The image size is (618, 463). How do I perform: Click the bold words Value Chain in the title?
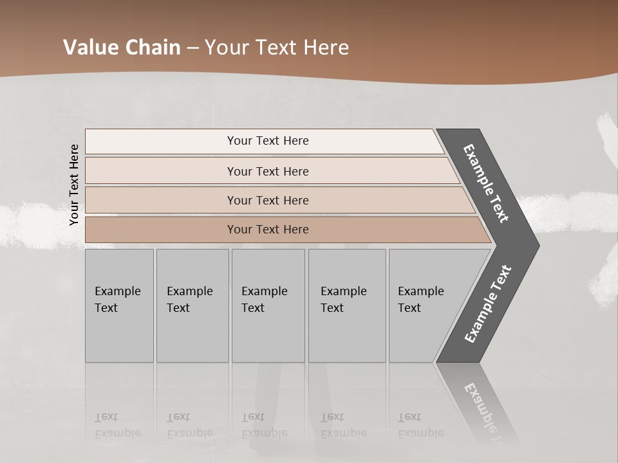(122, 48)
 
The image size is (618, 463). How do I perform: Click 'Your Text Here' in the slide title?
(277, 48)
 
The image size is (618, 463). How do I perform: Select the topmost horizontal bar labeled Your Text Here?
(268, 141)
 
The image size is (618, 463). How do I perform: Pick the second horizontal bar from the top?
(268, 171)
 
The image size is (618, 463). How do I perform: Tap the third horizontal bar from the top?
(268, 200)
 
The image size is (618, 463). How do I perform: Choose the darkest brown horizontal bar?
(268, 230)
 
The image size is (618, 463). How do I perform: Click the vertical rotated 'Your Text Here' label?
(74, 185)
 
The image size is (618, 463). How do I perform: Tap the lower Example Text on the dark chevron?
(488, 304)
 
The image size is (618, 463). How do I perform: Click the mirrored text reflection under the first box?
(117, 425)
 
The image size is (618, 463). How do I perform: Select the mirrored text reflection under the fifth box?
(420, 425)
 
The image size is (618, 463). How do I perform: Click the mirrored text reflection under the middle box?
(264, 425)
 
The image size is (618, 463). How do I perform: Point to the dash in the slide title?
(192, 48)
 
